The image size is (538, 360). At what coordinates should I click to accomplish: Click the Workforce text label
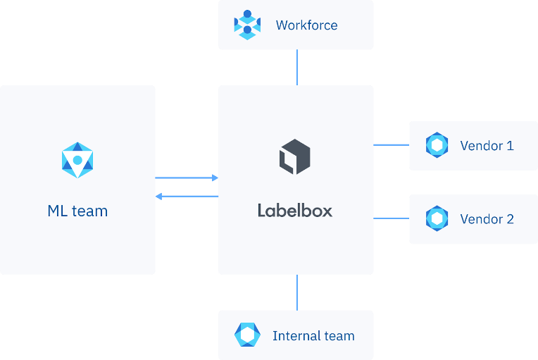pyautogui.click(x=306, y=25)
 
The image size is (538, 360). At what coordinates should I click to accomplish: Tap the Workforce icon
pyautogui.click(x=247, y=25)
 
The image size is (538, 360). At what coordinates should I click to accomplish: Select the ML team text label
pyautogui.click(x=77, y=211)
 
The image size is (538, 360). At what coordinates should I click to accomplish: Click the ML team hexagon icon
pyautogui.click(x=77, y=160)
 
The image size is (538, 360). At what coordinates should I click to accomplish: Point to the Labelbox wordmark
pyautogui.click(x=294, y=211)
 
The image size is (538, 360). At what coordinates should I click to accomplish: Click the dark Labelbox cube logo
pyautogui.click(x=295, y=156)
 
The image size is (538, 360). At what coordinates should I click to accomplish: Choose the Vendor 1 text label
pyautogui.click(x=487, y=146)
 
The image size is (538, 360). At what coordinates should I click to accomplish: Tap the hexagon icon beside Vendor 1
pyautogui.click(x=437, y=146)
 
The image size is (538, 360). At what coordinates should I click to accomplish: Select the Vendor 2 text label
pyautogui.click(x=487, y=219)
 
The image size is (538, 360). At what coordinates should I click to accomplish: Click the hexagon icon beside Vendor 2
pyautogui.click(x=437, y=219)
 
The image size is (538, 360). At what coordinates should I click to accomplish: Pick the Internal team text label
pyautogui.click(x=313, y=336)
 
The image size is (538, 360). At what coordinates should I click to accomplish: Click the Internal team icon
pyautogui.click(x=247, y=335)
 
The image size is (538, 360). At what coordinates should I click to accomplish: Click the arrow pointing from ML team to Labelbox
pyautogui.click(x=187, y=178)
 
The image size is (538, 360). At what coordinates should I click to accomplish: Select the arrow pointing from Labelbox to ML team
pyautogui.click(x=187, y=196)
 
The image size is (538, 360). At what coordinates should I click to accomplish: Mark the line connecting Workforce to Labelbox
pyautogui.click(x=296, y=68)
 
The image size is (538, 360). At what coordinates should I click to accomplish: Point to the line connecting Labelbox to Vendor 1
pyautogui.click(x=392, y=145)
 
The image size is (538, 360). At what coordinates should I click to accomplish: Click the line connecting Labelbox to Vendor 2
pyautogui.click(x=392, y=218)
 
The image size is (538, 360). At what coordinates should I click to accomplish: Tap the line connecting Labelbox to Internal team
pyautogui.click(x=296, y=292)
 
